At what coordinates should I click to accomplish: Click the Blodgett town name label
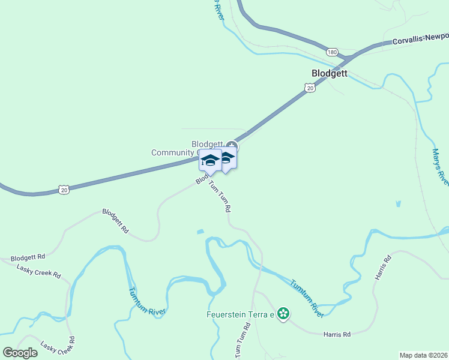[330, 73]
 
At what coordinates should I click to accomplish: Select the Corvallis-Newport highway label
[420, 39]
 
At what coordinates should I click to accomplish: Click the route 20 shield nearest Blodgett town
[310, 88]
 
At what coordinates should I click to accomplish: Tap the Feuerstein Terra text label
[240, 314]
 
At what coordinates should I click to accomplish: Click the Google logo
[20, 353]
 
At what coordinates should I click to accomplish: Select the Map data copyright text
[423, 355]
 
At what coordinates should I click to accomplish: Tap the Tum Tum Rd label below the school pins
[220, 197]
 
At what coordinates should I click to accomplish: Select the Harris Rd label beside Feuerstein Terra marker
[336, 333]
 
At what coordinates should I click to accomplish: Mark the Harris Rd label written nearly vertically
[382, 268]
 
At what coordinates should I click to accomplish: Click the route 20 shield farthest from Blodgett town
[64, 190]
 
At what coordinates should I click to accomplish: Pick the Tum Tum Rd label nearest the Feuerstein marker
[242, 341]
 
